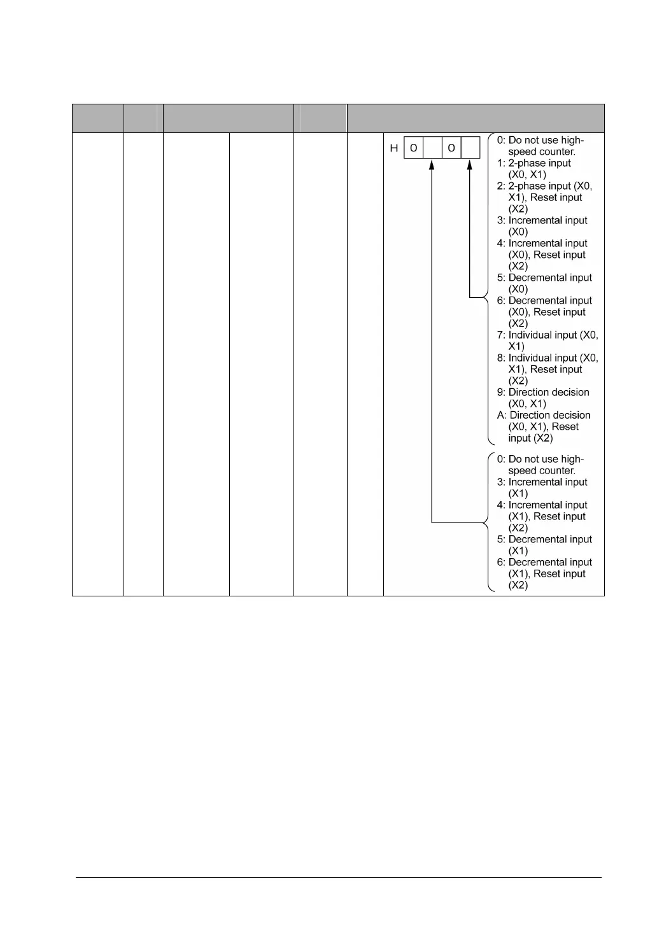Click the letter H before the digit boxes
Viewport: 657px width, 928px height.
pyautogui.click(x=394, y=148)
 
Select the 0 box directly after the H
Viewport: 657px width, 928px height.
pyautogui.click(x=414, y=148)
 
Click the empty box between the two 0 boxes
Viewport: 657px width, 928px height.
pyautogui.click(x=432, y=148)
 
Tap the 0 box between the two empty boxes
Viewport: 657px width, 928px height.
pyautogui.click(x=451, y=148)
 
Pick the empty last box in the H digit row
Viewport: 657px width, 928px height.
pyautogui.click(x=470, y=148)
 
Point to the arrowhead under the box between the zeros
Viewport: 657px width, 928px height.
pyautogui.click(x=432, y=164)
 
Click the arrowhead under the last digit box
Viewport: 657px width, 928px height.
pyautogui.click(x=470, y=164)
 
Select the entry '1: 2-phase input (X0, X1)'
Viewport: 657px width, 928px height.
pyautogui.click(x=534, y=169)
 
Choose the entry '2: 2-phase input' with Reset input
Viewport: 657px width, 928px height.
pyautogui.click(x=544, y=197)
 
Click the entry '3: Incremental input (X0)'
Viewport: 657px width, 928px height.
pyautogui.click(x=542, y=226)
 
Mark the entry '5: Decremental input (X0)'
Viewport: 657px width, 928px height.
pyautogui.click(x=544, y=283)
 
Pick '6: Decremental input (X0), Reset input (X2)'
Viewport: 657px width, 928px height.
pyautogui.click(x=544, y=312)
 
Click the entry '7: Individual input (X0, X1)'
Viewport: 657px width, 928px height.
pyautogui.click(x=547, y=341)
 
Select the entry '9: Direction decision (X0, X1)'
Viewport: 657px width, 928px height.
pyautogui.click(x=543, y=398)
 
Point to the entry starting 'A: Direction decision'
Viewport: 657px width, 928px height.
pyautogui.click(x=544, y=426)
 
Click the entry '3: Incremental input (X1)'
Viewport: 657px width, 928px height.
pyautogui.click(x=542, y=488)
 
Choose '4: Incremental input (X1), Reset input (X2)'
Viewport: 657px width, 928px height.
pyautogui.click(x=542, y=516)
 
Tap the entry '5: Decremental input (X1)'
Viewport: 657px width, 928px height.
pyautogui.click(x=544, y=545)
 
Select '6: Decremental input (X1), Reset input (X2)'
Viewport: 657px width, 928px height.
pyautogui.click(x=544, y=573)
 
